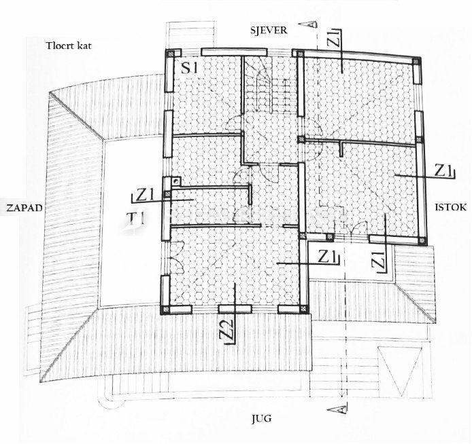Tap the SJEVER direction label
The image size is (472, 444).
pyautogui.click(x=268, y=30)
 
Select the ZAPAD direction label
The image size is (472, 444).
pyautogui.click(x=21, y=207)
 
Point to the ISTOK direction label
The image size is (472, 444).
pyautogui.click(x=450, y=207)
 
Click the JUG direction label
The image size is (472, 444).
pyautogui.click(x=260, y=418)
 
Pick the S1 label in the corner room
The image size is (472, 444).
pyautogui.click(x=189, y=68)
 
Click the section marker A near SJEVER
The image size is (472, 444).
pyautogui.click(x=310, y=24)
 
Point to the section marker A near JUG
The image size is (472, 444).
pyautogui.click(x=333, y=409)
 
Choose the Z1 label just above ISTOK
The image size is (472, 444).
pyautogui.click(x=444, y=170)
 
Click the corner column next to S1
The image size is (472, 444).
pyautogui.click(x=171, y=54)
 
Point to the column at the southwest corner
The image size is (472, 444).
pyautogui.click(x=165, y=309)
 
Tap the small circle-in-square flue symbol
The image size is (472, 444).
pyautogui.click(x=176, y=181)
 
